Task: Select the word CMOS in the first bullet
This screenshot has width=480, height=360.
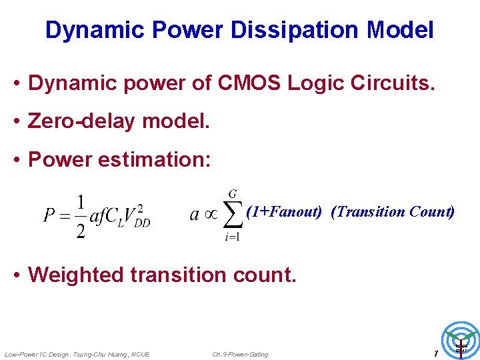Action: (x=245, y=83)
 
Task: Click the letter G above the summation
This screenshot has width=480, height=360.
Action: (x=233, y=194)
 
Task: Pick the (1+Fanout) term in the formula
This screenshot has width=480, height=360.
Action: (x=284, y=212)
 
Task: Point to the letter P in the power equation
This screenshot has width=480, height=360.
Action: (x=49, y=215)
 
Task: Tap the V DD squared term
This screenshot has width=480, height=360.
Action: (x=139, y=215)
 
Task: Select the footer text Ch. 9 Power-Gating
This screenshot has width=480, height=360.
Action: (x=240, y=354)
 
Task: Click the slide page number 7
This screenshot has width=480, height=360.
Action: (x=435, y=353)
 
